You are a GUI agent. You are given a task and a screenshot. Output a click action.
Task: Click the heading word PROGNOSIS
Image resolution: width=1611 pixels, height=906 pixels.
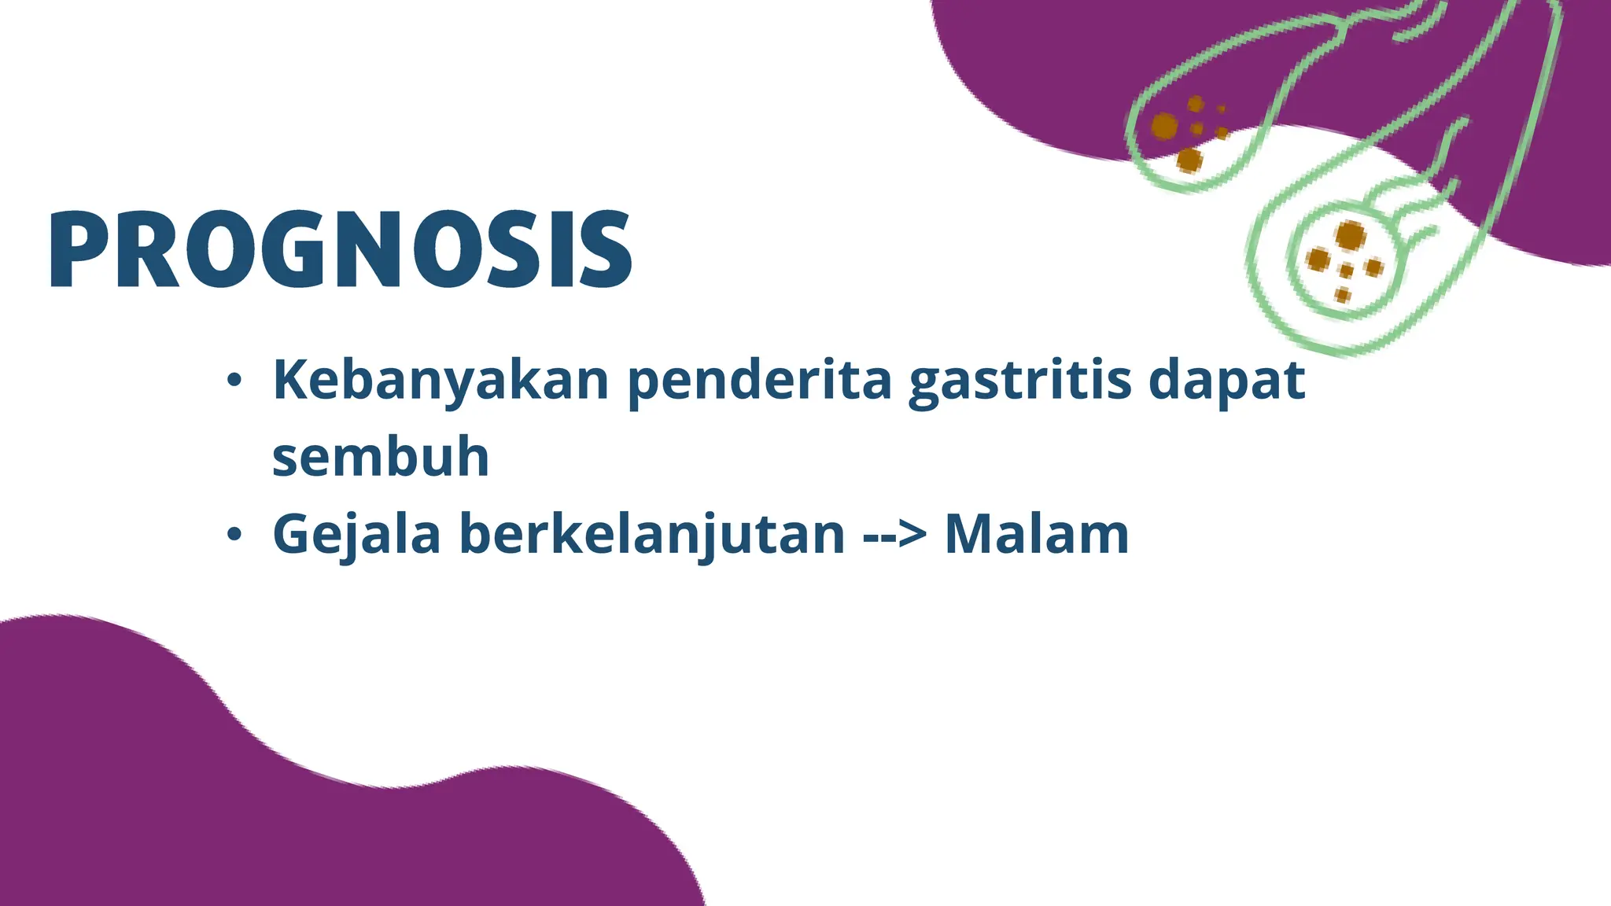click(x=340, y=250)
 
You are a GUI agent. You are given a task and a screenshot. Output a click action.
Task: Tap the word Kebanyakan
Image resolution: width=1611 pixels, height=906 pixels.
click(x=441, y=381)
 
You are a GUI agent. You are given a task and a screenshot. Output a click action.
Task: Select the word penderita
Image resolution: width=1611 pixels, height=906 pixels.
click(x=759, y=381)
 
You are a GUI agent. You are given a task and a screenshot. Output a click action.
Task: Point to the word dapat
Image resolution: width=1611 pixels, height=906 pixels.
click(x=1226, y=381)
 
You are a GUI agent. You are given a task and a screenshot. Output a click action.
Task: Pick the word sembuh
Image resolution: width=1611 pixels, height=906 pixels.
click(x=381, y=458)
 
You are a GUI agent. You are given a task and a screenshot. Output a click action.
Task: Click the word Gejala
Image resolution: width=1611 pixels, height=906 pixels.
click(x=356, y=535)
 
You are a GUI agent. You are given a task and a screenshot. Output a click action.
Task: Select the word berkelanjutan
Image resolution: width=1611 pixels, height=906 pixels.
click(x=652, y=535)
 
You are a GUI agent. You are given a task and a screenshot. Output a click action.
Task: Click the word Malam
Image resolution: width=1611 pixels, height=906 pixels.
click(x=1036, y=535)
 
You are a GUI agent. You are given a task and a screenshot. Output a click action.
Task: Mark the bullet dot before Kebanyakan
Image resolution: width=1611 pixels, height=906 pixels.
click(x=234, y=381)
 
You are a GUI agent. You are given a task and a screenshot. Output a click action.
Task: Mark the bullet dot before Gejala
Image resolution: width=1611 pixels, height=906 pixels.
click(x=234, y=535)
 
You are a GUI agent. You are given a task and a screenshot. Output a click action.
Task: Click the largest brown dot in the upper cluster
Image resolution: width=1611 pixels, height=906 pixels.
click(x=1165, y=126)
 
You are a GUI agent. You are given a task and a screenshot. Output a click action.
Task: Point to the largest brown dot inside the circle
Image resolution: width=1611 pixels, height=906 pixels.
click(x=1351, y=234)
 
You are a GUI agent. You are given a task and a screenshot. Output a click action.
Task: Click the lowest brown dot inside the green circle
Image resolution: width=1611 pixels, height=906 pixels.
click(x=1343, y=295)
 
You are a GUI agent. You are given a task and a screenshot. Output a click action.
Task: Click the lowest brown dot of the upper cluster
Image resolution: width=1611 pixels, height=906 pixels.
click(x=1189, y=160)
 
